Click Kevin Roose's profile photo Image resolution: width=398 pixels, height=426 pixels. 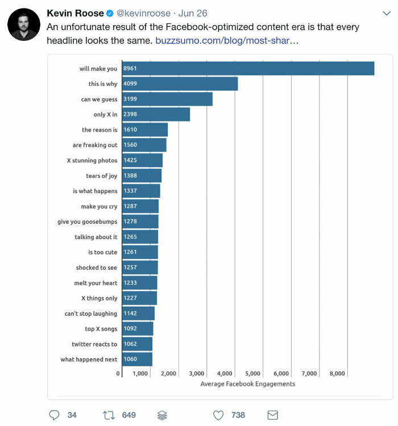[23, 24]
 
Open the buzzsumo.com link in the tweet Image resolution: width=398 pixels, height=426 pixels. [226, 41]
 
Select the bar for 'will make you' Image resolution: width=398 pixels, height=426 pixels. [248, 69]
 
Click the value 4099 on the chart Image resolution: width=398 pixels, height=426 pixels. [130, 84]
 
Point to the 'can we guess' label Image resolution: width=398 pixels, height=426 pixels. [99, 99]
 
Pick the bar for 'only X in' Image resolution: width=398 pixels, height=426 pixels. [156, 114]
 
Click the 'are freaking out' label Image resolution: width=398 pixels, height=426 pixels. [95, 145]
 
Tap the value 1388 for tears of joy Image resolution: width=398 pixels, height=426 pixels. [130, 176]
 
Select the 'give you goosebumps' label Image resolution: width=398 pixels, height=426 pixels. [87, 222]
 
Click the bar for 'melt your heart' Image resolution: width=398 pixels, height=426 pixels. [139, 283]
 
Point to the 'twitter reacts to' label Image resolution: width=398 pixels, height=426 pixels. [94, 344]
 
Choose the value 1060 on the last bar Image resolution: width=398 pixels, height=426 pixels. [130, 360]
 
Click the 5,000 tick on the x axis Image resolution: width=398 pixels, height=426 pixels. [252, 374]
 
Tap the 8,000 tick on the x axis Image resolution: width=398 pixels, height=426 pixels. [337, 374]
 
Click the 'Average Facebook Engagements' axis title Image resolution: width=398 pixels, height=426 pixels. [247, 384]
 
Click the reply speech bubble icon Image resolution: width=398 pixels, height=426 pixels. [55, 415]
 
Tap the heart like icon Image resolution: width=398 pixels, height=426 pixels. [218, 415]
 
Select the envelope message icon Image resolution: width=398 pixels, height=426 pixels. [272, 415]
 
